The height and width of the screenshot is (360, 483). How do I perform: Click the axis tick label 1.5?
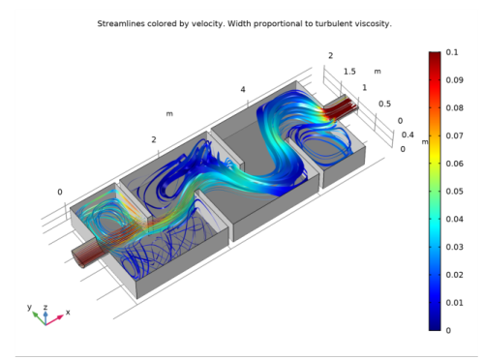(348, 72)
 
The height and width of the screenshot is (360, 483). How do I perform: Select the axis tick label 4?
(242, 90)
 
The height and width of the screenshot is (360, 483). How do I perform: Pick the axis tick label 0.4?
(407, 135)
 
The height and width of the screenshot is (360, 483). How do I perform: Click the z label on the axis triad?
(45, 306)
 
